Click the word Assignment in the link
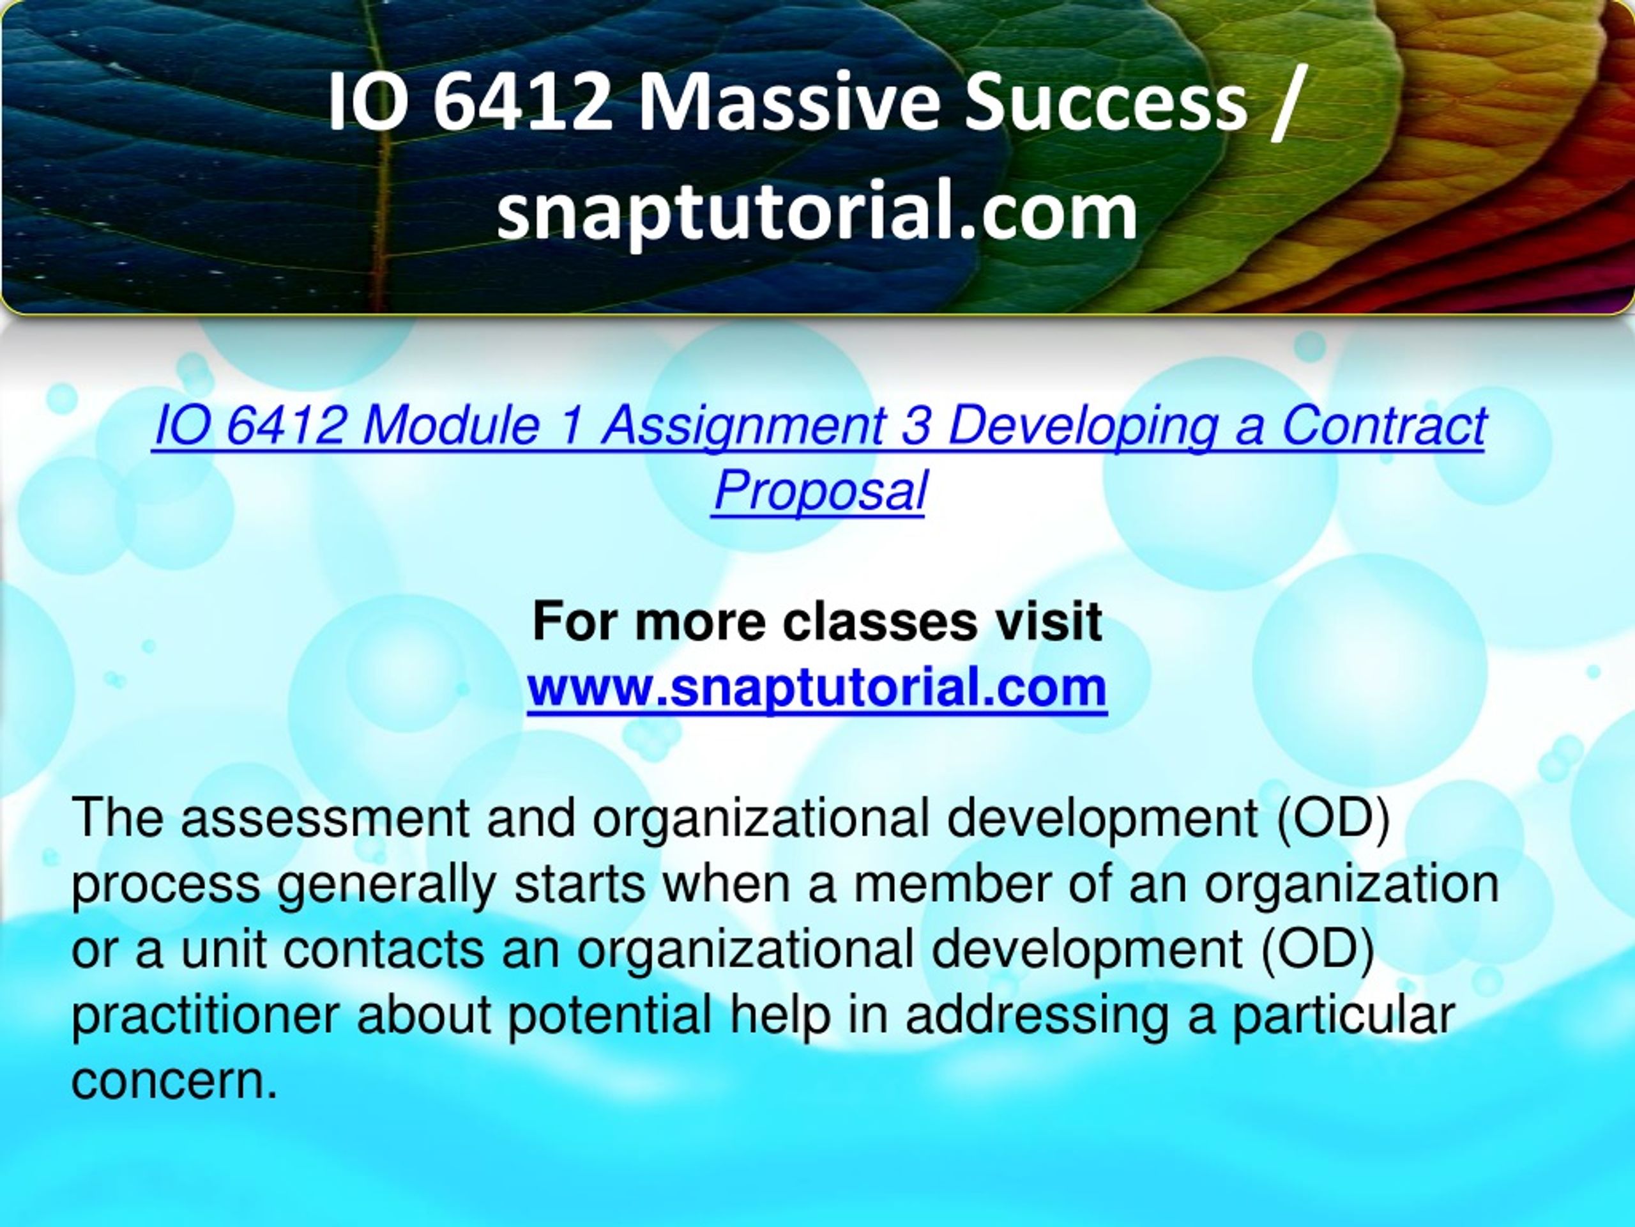[743, 428]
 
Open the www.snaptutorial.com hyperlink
[817, 687]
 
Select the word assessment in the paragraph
[326, 817]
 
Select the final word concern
[174, 1082]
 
